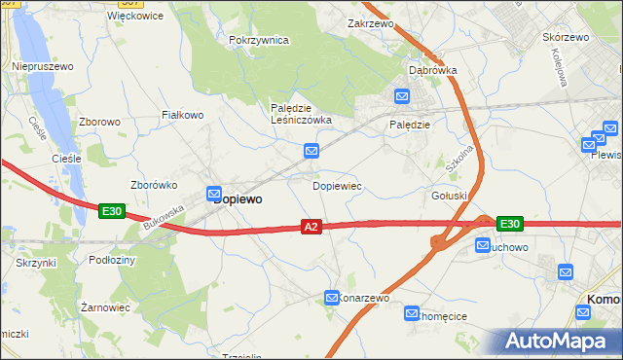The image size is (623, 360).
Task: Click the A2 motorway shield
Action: tap(311, 227)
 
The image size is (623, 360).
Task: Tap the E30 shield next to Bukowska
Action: tap(110, 210)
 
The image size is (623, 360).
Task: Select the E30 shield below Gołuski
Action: tap(509, 224)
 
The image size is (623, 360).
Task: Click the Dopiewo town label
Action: tap(238, 198)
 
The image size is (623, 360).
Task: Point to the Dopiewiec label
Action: tap(337, 184)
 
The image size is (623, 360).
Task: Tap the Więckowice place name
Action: tap(133, 17)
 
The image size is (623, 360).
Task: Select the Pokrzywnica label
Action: tap(259, 40)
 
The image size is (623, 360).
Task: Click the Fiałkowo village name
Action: tap(181, 115)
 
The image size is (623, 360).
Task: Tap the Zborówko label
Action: tap(153, 185)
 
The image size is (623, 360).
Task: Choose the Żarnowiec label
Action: tap(106, 306)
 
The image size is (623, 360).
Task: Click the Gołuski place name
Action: tap(450, 196)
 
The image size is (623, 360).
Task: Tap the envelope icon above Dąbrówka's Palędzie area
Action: tap(402, 96)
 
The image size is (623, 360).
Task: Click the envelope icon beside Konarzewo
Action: tap(332, 298)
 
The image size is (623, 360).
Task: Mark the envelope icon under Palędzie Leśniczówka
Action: tap(311, 151)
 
